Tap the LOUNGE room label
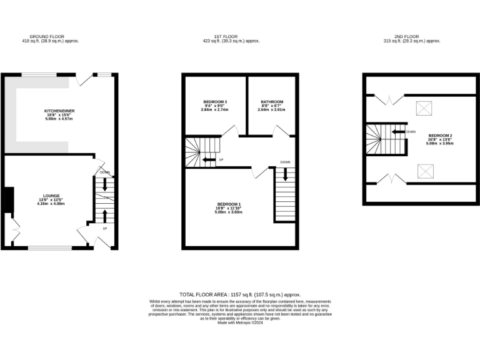51,196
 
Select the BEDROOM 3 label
215,102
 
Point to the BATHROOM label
272,102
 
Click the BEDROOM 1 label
229,204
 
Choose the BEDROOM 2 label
440,136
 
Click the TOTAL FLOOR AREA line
240,294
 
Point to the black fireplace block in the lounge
7,200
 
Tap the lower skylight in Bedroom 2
425,170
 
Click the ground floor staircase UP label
104,228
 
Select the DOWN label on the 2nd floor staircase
411,132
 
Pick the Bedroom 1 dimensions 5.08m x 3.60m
229,212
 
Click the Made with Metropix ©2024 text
240,322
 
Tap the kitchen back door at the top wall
84,79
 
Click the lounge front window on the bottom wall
50,248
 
